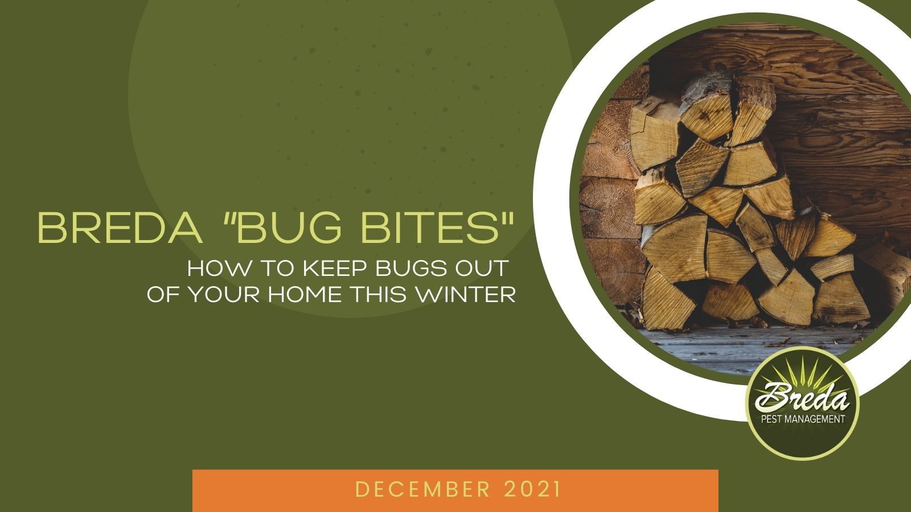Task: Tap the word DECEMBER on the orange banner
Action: tap(422, 489)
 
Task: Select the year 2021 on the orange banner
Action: tap(533, 489)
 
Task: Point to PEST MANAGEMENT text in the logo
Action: tap(803, 419)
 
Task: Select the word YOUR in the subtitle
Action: tap(225, 294)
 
